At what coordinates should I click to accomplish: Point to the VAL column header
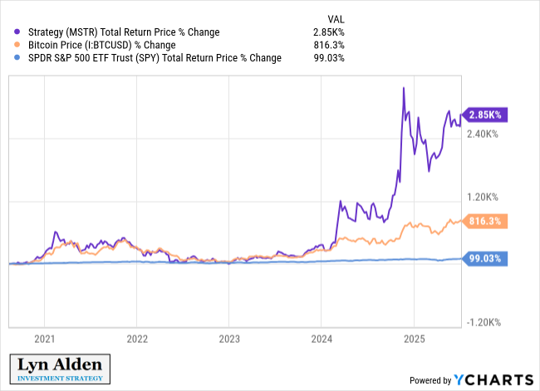[x=335, y=17]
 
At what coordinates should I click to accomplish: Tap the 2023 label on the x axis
[x=229, y=339]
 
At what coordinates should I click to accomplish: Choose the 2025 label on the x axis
[x=414, y=339]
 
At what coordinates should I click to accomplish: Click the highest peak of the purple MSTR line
[x=404, y=88]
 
